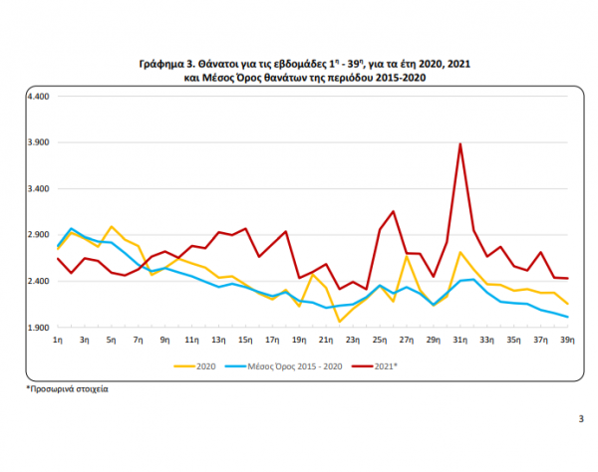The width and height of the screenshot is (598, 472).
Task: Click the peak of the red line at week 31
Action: point(459,144)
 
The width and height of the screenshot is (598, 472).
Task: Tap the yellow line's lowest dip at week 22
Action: point(339,321)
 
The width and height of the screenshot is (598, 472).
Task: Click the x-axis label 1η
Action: point(58,341)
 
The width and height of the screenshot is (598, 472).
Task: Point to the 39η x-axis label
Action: point(567,341)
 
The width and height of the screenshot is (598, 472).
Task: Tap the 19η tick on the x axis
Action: point(299,341)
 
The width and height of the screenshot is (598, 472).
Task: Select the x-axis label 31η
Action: point(459,341)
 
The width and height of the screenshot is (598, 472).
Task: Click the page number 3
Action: point(581,418)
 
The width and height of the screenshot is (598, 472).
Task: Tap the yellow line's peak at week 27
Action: point(407,256)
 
